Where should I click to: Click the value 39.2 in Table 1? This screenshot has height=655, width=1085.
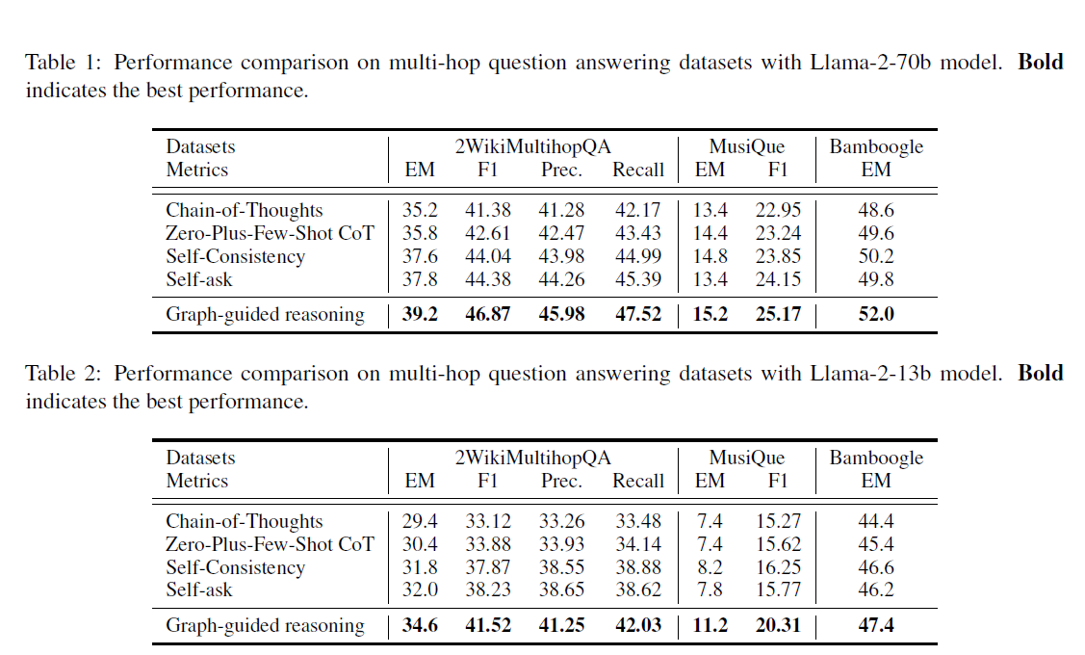420,315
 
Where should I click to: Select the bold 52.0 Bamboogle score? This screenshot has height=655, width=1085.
876,315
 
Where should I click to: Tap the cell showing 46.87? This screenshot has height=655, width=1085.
487,315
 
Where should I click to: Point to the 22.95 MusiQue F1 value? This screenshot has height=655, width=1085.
777,211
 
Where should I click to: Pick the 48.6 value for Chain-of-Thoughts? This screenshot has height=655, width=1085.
876,211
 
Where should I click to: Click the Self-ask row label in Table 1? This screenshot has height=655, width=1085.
199,279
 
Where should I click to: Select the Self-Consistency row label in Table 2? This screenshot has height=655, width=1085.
235,567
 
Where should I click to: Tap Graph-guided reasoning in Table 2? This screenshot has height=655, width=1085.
265,626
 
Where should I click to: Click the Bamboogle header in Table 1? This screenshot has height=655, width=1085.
876,147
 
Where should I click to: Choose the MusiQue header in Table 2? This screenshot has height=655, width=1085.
746,458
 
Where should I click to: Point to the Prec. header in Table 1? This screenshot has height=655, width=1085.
561,170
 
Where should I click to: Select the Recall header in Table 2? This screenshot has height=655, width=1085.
638,482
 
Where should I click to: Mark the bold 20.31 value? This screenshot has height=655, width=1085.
777,626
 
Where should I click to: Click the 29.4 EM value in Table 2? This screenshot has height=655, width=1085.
420,522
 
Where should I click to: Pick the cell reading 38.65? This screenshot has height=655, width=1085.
561,590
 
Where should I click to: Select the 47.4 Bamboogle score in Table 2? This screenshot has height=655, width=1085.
876,626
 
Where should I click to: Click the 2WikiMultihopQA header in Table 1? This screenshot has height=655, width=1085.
532,147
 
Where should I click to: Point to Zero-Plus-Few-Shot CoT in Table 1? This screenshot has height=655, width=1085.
269,234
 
